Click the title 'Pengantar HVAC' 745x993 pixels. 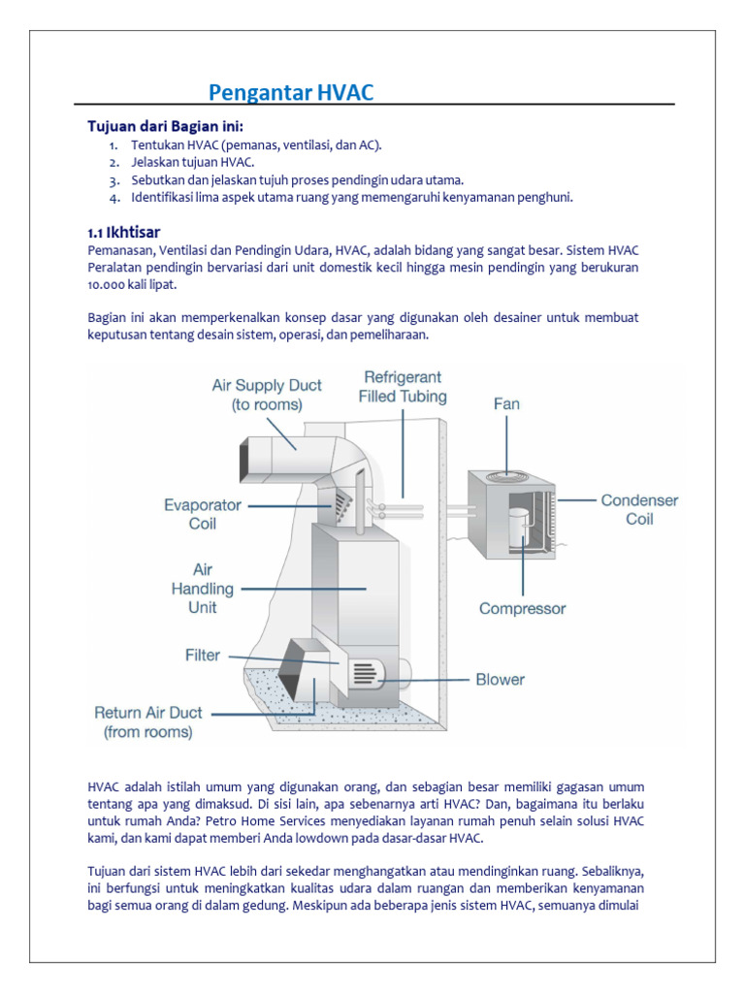click(x=291, y=93)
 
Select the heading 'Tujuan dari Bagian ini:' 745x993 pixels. click(x=166, y=127)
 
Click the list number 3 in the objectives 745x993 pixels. click(x=113, y=180)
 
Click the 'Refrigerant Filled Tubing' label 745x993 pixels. click(x=403, y=386)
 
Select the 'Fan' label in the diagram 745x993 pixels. click(x=506, y=403)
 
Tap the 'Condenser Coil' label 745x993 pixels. click(x=639, y=509)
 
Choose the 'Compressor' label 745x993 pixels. click(x=522, y=609)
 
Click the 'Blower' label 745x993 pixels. click(x=500, y=680)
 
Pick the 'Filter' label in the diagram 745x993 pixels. click(x=203, y=656)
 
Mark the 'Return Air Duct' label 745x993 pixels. click(x=148, y=721)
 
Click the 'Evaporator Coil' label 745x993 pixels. click(x=203, y=514)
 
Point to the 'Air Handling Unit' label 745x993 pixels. click(x=203, y=589)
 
